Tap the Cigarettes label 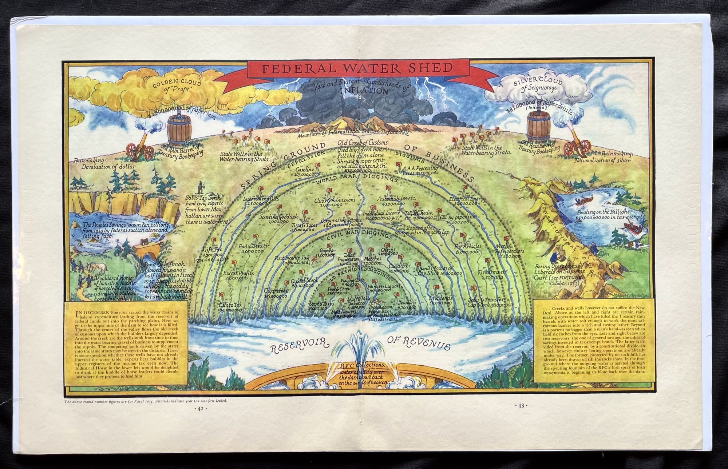tap(275, 293)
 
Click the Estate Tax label tap(230, 307)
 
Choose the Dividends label tap(440, 300)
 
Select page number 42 tap(200, 408)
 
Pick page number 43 tap(521, 405)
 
